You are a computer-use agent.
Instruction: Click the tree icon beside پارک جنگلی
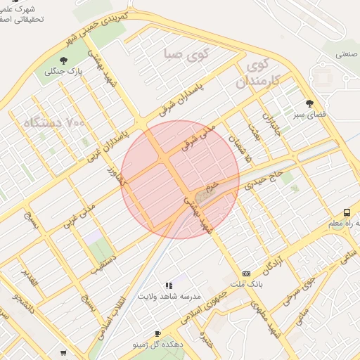pyautogui.click(x=64, y=60)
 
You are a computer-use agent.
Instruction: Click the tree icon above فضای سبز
pyautogui.click(x=310, y=103)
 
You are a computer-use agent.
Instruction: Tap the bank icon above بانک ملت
pyautogui.click(x=246, y=274)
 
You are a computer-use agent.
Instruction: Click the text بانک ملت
pyautogui.click(x=246, y=284)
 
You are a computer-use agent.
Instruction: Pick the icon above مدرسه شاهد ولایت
pyautogui.click(x=169, y=285)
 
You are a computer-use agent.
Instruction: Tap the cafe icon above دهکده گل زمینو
pyautogui.click(x=157, y=334)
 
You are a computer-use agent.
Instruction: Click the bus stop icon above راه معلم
pyautogui.click(x=347, y=212)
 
